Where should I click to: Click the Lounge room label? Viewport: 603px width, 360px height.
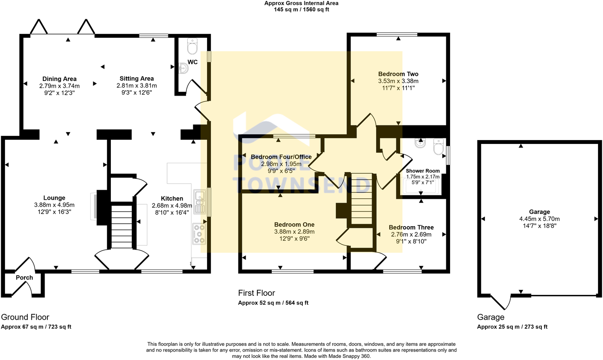point(54,198)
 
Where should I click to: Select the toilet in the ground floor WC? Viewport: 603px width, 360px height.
point(192,47)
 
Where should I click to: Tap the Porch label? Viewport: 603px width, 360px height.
point(24,278)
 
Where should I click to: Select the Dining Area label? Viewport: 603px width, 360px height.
point(59,79)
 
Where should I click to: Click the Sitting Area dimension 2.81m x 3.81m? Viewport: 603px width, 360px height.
point(136,86)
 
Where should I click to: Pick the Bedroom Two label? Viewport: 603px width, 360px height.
point(398,74)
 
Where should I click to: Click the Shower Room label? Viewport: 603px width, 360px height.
point(422,171)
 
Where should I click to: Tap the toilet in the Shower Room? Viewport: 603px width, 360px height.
point(438,147)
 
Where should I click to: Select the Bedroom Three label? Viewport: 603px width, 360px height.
point(411,227)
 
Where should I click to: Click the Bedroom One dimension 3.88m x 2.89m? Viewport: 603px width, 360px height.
point(294,232)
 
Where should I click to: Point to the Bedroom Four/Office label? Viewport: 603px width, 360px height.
point(281,157)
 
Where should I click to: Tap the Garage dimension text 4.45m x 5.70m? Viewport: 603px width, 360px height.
point(539,219)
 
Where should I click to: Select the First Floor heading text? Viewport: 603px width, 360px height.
point(256,293)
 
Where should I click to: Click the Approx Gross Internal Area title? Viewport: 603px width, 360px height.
point(301,3)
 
